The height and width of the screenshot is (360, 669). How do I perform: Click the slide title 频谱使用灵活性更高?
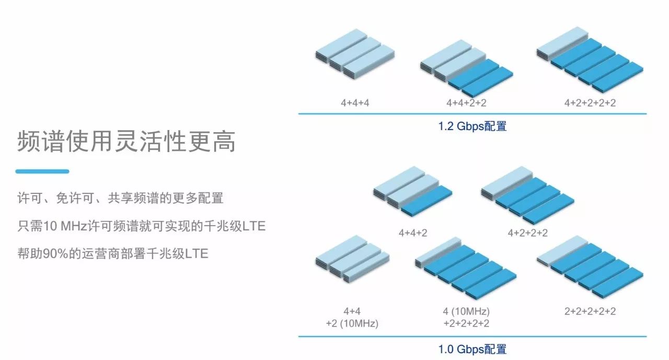click(x=126, y=141)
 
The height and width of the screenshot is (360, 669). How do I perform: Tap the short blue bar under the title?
click(x=42, y=171)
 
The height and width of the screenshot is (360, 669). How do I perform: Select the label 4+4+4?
click(x=355, y=102)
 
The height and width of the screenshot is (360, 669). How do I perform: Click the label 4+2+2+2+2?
click(x=590, y=102)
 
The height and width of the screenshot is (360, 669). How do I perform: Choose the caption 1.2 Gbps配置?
click(x=472, y=126)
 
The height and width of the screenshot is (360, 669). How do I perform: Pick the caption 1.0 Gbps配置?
click(x=472, y=349)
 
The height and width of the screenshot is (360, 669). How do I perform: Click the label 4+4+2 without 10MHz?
click(x=413, y=233)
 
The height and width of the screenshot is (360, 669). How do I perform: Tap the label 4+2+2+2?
click(x=528, y=233)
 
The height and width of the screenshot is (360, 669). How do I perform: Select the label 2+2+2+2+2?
click(x=590, y=311)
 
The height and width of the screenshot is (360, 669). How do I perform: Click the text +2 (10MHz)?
click(x=352, y=323)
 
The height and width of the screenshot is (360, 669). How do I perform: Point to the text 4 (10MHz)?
click(x=466, y=311)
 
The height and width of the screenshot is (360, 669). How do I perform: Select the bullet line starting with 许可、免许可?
click(x=120, y=199)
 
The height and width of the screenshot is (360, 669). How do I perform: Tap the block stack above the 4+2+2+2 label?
click(x=527, y=194)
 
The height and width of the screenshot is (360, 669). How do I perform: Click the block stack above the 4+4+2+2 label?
click(x=466, y=68)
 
